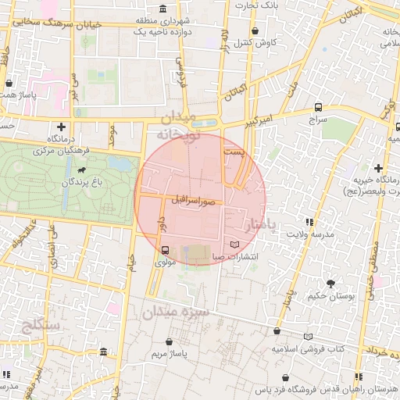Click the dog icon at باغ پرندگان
pos(81,169)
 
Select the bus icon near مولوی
pos(165,251)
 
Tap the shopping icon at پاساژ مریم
pos(170,342)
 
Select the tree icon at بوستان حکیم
pos(330,284)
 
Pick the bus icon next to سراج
pos(318,107)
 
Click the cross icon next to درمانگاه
pos(61,127)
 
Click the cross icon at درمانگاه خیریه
pos(378,168)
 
